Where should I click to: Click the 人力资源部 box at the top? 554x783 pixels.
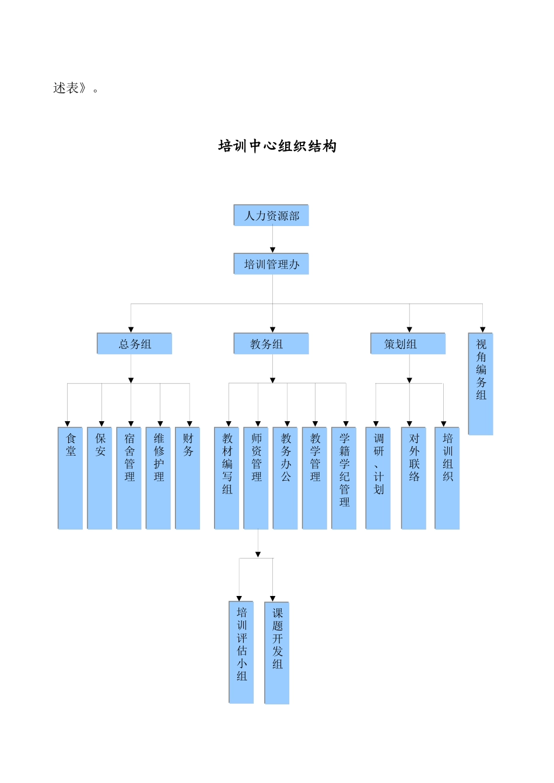[271, 216]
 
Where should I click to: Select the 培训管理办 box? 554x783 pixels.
[271, 264]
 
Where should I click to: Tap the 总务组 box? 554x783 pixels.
[135, 344]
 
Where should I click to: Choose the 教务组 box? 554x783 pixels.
[271, 344]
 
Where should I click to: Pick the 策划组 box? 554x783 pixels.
[408, 344]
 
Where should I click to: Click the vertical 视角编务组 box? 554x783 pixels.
[481, 384]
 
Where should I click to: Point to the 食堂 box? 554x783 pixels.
[71, 478]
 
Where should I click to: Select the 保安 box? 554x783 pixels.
[100, 478]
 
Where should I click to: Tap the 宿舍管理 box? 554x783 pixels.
[129, 478]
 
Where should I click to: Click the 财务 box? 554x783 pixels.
[188, 478]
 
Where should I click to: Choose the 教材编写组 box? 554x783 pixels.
[227, 478]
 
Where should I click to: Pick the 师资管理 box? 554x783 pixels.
[256, 478]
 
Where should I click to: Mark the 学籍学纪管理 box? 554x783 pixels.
[344, 478]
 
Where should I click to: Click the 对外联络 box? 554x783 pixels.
[413, 478]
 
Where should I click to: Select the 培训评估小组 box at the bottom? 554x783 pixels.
[241, 652]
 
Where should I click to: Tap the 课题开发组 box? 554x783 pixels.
[277, 652]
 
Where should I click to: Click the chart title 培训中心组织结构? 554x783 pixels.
[277, 146]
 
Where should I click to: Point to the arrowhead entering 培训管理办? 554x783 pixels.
[272, 250]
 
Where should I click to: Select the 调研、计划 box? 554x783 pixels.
[378, 478]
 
